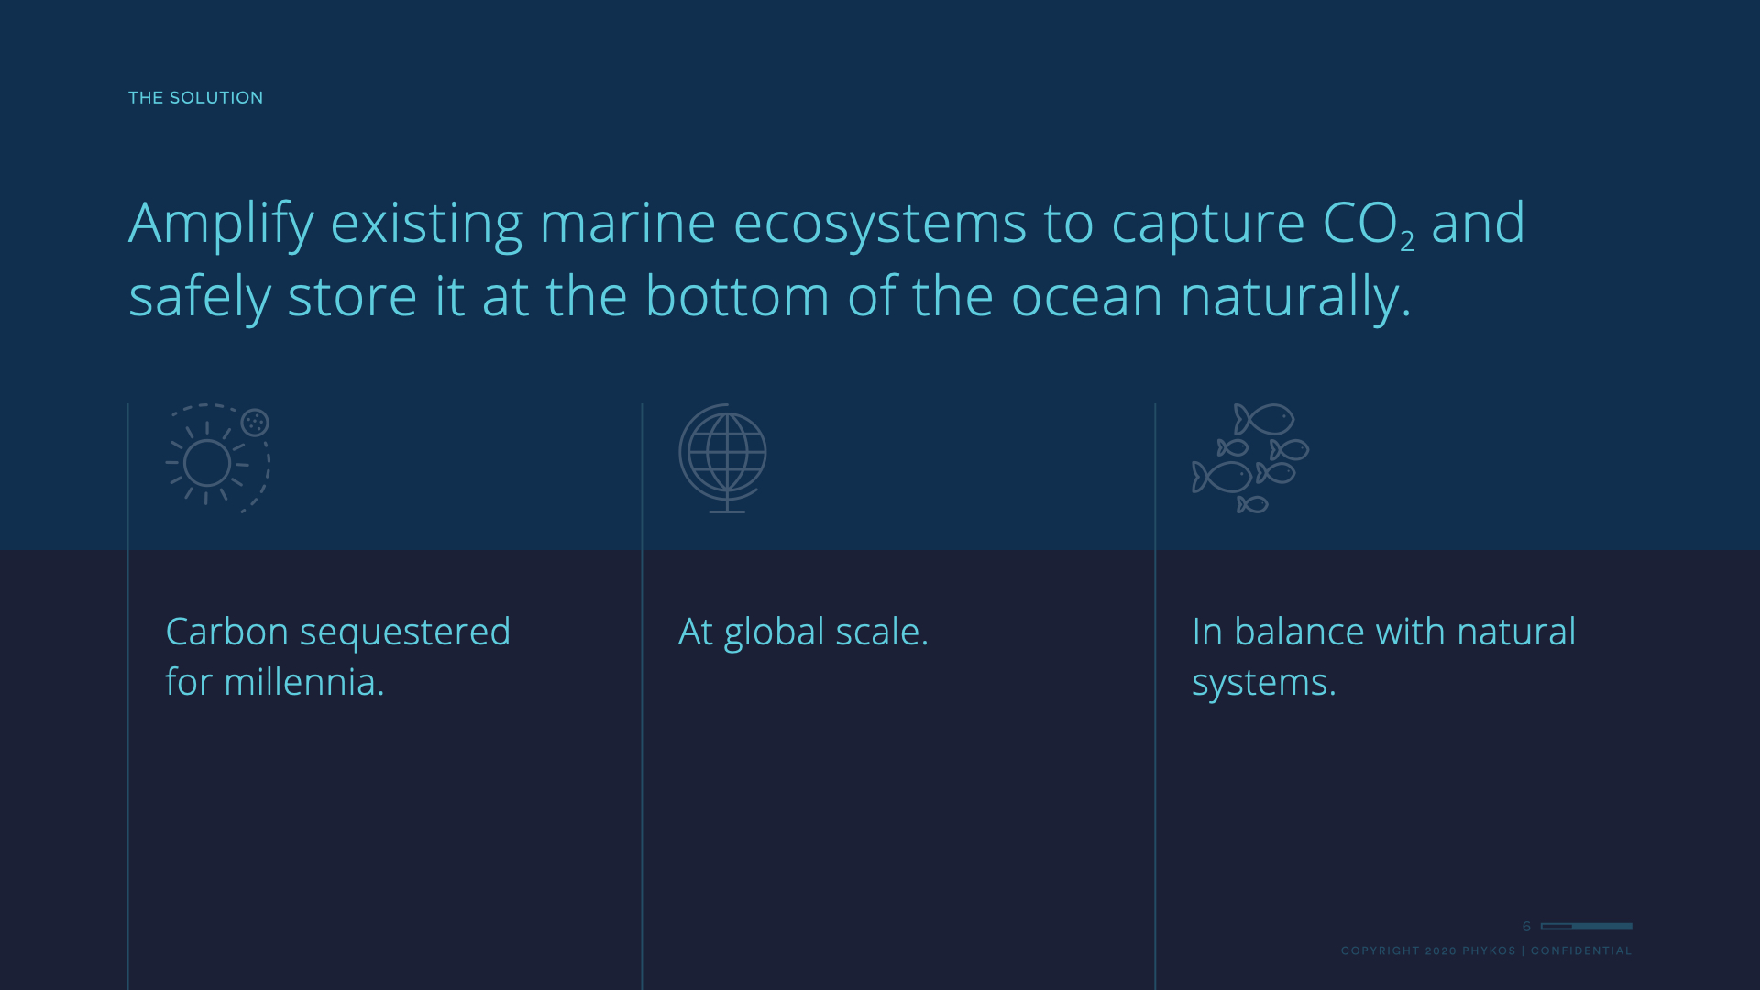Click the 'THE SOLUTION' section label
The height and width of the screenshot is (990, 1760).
point(195,98)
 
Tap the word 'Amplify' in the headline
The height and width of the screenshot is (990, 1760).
point(221,225)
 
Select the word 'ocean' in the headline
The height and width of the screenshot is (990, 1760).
point(1086,298)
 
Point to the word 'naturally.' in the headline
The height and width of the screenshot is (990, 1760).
point(1295,298)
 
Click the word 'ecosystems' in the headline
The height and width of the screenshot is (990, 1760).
point(879,225)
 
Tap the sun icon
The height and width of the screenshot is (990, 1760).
point(207,463)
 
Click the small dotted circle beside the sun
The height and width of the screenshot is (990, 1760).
point(255,422)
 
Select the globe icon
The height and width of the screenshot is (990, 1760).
point(723,457)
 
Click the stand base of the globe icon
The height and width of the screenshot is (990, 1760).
point(727,511)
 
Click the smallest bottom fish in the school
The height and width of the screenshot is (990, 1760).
point(1252,504)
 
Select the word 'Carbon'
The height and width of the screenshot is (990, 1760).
point(226,632)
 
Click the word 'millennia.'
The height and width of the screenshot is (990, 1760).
point(304,682)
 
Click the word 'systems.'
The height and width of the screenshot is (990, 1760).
point(1264,684)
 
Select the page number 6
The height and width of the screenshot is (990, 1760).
point(1526,927)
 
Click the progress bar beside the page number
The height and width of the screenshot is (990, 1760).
point(1587,927)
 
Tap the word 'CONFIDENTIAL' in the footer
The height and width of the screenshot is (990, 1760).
point(1581,951)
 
